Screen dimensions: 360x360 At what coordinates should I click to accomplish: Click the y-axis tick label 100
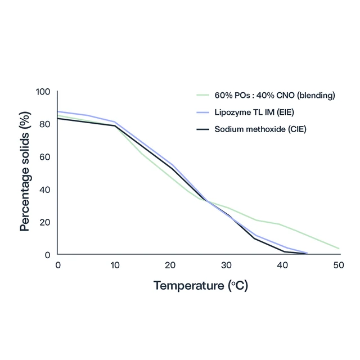(x=43, y=92)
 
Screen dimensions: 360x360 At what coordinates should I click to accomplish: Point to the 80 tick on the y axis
(x=45, y=124)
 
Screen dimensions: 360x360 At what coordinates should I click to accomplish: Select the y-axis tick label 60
(x=45, y=157)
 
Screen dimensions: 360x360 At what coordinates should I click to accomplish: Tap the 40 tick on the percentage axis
(x=45, y=190)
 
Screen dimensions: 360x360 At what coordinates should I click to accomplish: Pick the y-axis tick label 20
(x=45, y=222)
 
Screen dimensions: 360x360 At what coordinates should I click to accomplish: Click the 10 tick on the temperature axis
(x=114, y=265)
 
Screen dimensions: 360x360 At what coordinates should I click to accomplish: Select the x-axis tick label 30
(x=227, y=265)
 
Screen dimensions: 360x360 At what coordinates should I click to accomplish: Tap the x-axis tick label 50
(x=339, y=265)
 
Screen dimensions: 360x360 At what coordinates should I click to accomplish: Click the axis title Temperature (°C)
(x=200, y=285)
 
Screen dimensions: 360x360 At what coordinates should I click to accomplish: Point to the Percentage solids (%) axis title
(x=24, y=173)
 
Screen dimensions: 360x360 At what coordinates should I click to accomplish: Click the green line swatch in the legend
(x=202, y=96)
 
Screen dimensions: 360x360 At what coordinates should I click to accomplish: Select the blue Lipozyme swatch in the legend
(x=202, y=112)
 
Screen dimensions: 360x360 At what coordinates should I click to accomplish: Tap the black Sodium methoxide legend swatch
(x=202, y=129)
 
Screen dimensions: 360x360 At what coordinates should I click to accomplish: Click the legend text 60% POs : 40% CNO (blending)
(x=274, y=96)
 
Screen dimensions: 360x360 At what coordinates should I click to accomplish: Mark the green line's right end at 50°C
(x=339, y=248)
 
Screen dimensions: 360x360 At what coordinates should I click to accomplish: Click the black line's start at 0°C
(x=58, y=118)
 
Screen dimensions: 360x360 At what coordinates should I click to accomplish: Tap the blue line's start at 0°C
(x=58, y=111)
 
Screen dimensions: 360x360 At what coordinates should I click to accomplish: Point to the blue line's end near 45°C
(x=307, y=253)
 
